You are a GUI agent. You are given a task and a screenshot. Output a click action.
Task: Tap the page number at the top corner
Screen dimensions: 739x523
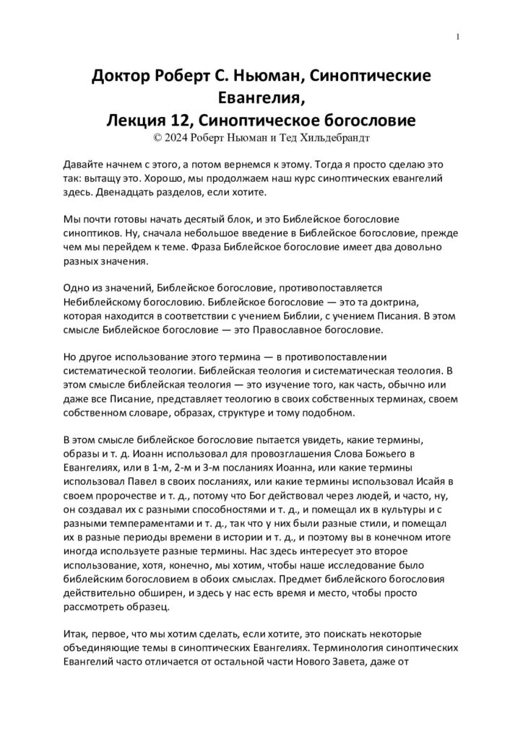pyautogui.click(x=459, y=38)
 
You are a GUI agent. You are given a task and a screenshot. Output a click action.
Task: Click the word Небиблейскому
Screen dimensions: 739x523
pyautogui.click(x=103, y=302)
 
